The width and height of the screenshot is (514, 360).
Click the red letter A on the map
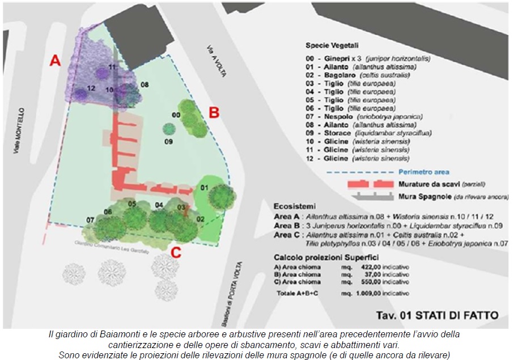pyautogui.click(x=55, y=61)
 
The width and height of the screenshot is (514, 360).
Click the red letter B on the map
pyautogui.click(x=214, y=112)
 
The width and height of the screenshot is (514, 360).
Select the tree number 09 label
pyautogui.click(x=168, y=141)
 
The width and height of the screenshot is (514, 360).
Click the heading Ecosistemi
pyautogui.click(x=295, y=206)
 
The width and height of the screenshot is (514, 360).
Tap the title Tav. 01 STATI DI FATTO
pyautogui.click(x=438, y=315)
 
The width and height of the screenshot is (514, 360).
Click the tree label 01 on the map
pyautogui.click(x=205, y=187)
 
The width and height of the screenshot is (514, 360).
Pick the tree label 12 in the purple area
pyautogui.click(x=91, y=88)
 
